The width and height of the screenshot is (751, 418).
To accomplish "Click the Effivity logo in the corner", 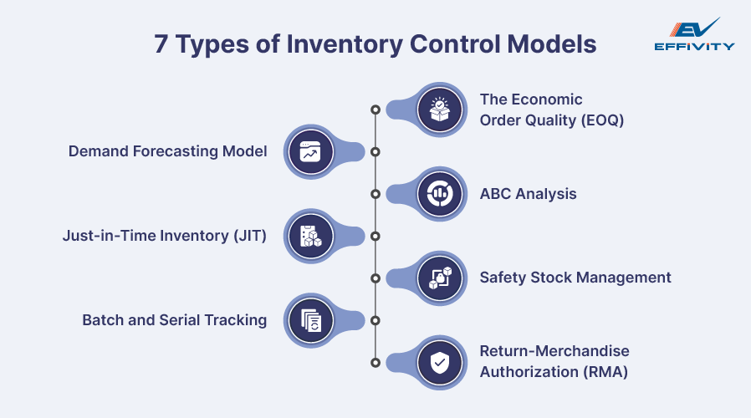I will pos(693,34).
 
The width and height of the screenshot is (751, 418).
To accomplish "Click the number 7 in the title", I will pos(161,44).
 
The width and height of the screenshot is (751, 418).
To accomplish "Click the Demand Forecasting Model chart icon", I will pos(310,152).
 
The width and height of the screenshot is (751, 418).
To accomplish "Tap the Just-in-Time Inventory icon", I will pos(310,236).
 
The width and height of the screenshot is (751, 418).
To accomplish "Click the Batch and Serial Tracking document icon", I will pos(310,320).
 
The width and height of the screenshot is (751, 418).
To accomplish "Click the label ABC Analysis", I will pos(528,194).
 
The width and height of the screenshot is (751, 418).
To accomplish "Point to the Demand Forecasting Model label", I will pos(167,152).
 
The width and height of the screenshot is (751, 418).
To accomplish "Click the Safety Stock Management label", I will pos(575,278).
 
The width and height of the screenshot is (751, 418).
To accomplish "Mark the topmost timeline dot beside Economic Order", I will pos(375,110).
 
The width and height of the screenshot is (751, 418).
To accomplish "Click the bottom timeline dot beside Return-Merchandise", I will pos(375,362).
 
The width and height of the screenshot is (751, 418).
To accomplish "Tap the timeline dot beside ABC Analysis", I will pos(375,194).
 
